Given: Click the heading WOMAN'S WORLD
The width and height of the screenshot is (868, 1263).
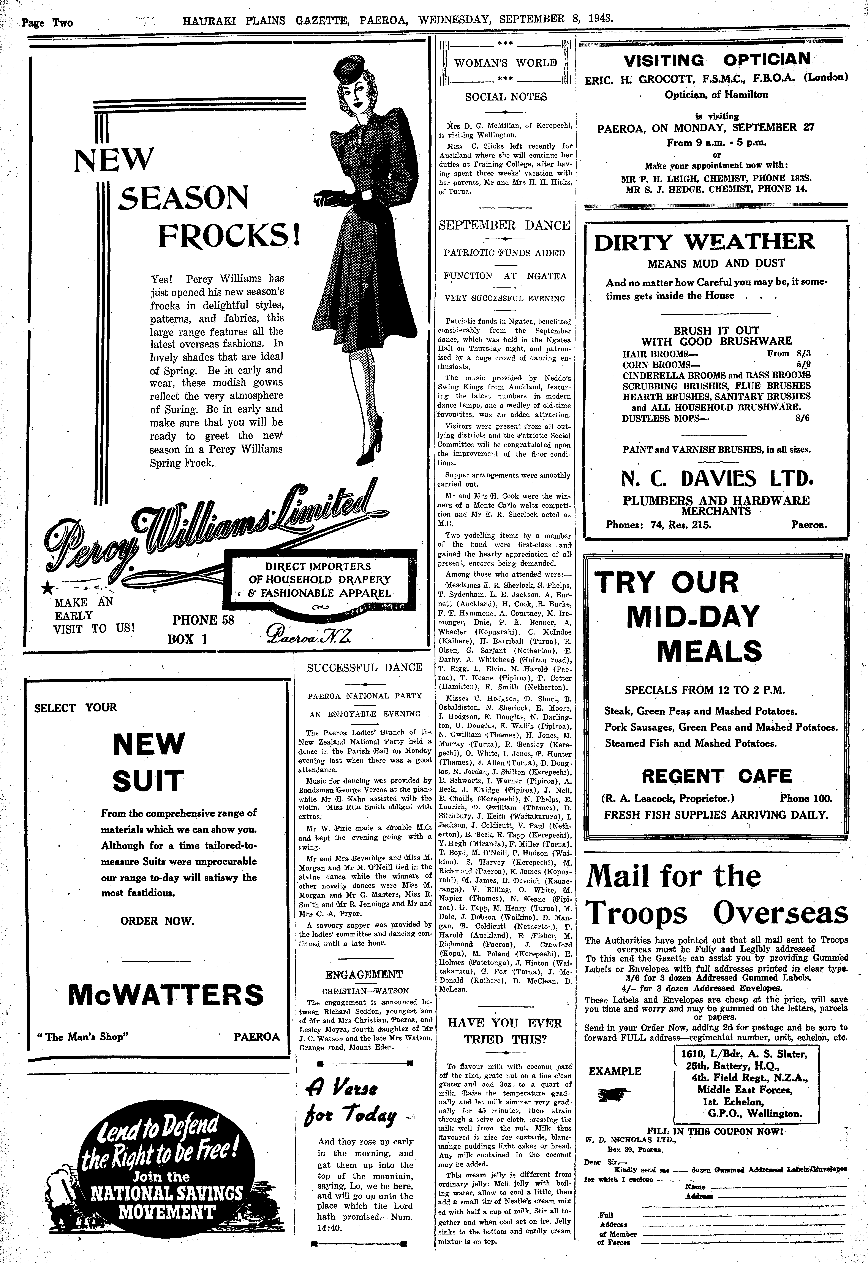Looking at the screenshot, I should [x=505, y=63].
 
